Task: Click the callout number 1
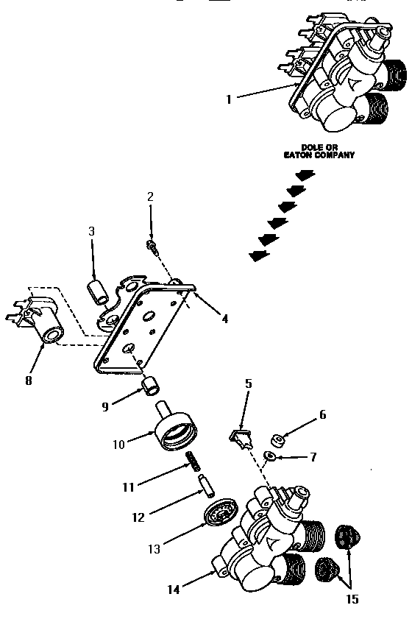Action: click(x=229, y=99)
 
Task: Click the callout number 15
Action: click(x=352, y=599)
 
